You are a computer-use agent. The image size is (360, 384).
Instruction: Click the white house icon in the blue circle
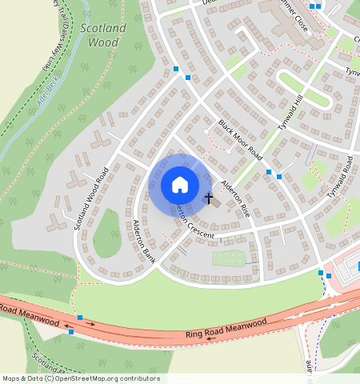[180, 185]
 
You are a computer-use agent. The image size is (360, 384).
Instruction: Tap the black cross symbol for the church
[208, 198]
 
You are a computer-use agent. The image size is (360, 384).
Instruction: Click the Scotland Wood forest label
[103, 35]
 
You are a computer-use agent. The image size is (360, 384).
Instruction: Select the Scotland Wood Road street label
[90, 198]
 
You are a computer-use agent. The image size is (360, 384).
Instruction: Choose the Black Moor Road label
[240, 138]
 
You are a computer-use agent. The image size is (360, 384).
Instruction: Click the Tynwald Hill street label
[292, 110]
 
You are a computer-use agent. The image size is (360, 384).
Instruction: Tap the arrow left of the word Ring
[210, 338]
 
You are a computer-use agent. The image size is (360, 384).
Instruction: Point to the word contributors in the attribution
[139, 378]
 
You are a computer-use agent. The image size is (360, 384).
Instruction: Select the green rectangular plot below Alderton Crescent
[228, 258]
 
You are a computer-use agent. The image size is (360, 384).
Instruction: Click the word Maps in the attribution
[12, 378]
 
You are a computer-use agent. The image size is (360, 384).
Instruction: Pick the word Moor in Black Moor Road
[240, 138]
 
